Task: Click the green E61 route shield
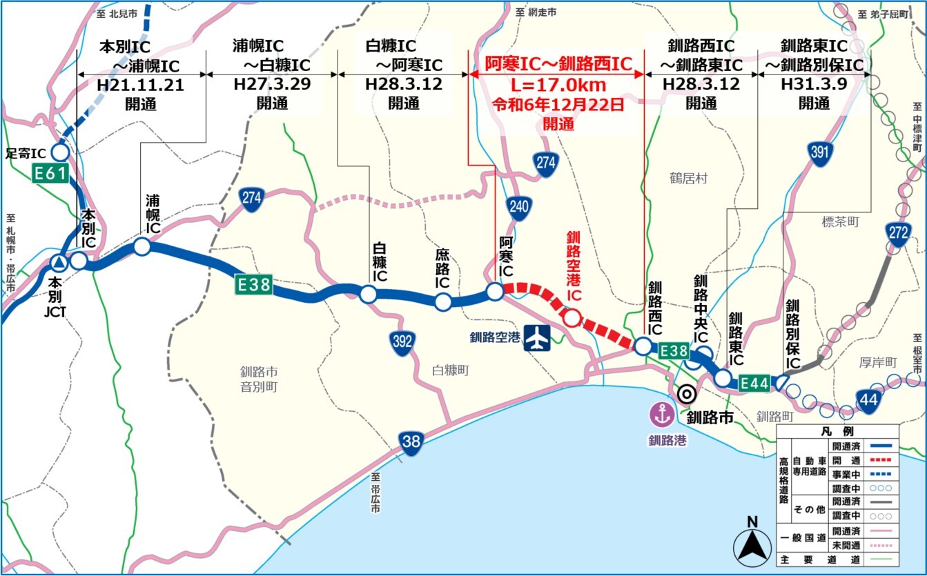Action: click(50, 174)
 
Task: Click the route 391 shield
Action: click(819, 154)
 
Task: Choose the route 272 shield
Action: click(898, 233)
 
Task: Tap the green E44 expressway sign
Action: click(754, 381)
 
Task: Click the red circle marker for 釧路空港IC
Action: click(572, 317)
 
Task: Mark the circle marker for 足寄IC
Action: click(59, 152)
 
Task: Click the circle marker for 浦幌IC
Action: click(142, 246)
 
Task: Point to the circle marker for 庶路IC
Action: click(442, 301)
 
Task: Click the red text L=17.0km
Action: click(558, 85)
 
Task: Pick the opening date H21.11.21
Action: click(141, 84)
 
